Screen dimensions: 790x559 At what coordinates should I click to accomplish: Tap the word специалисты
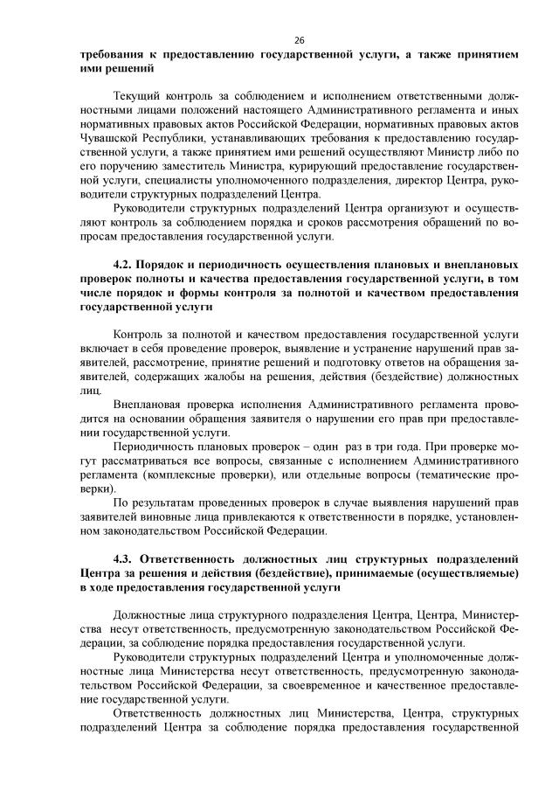tap(157, 179)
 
